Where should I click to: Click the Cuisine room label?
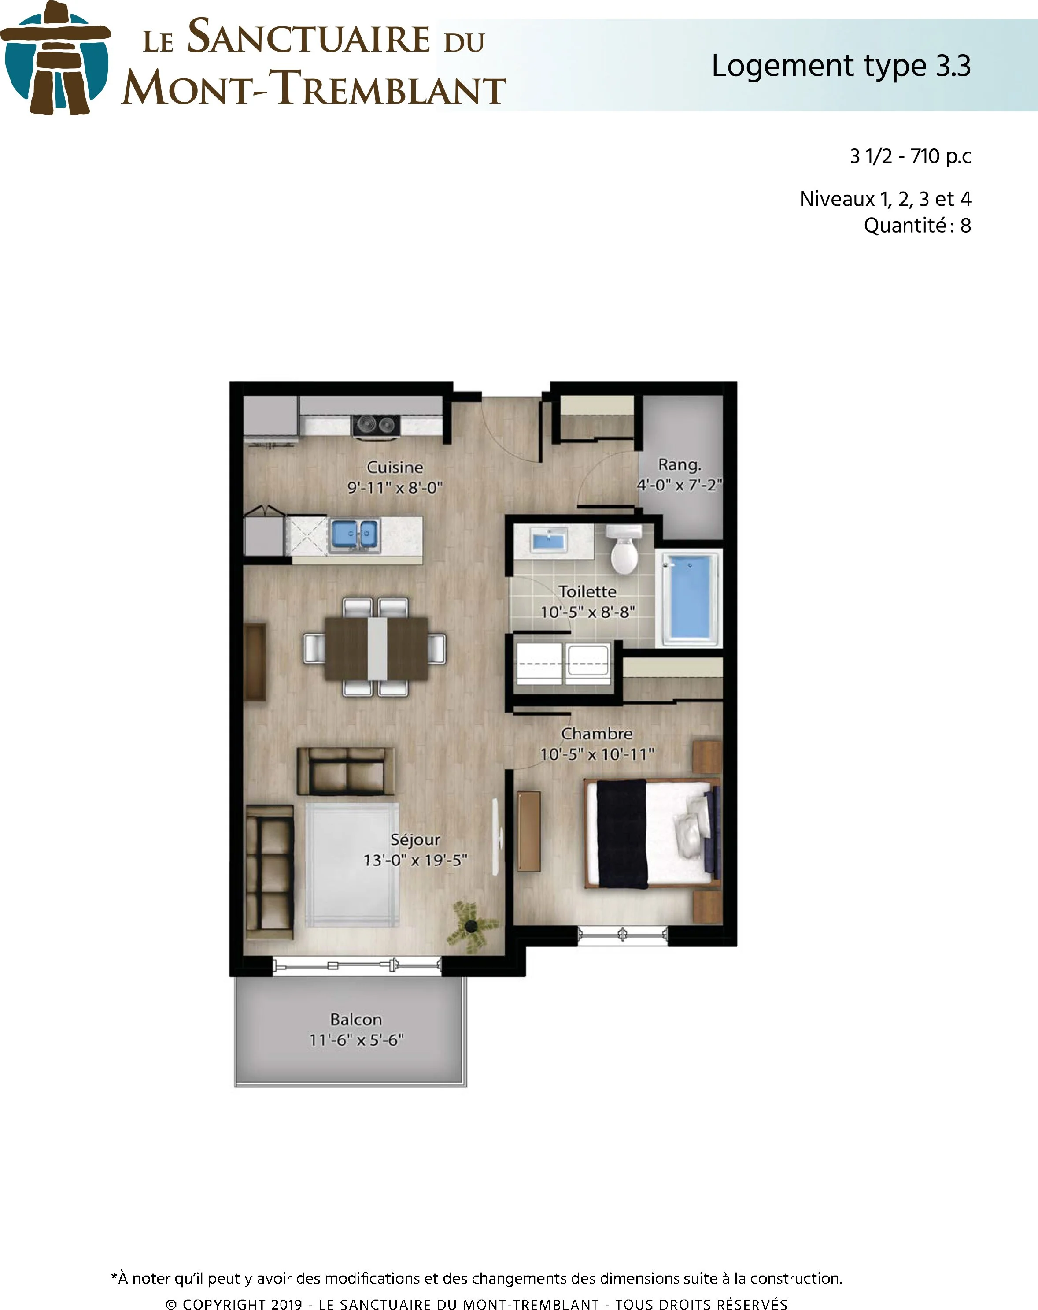[395, 467]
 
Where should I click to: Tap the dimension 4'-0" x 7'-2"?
[679, 485]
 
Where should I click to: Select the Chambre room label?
[596, 733]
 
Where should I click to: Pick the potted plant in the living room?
[471, 925]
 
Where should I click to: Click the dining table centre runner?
[377, 648]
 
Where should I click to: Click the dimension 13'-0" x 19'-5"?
[415, 861]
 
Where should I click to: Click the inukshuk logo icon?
[55, 58]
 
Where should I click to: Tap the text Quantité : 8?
[917, 226]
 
